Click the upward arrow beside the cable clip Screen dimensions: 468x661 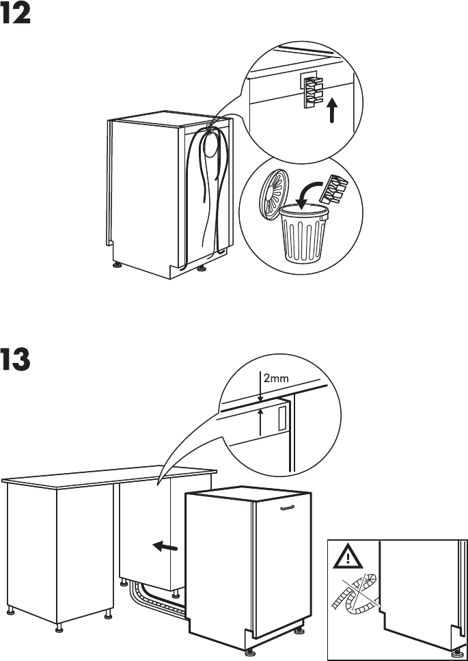coord(331,110)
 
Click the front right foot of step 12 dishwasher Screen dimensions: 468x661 coord(201,269)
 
